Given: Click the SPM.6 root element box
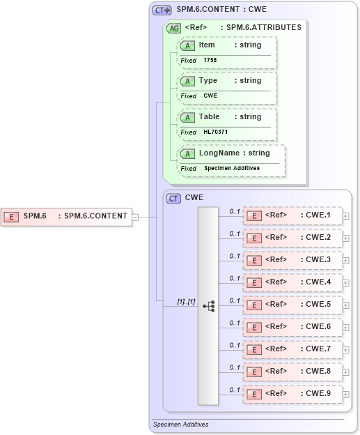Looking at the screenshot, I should point(67,216).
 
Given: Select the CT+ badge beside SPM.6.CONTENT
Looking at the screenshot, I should point(162,10).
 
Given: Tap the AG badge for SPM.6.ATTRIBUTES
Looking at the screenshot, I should point(173,28).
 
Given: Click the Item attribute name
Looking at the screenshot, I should point(207,45).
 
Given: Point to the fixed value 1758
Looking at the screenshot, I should point(210,61).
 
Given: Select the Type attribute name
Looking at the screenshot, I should point(208,80).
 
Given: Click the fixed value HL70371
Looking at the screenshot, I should point(216,132).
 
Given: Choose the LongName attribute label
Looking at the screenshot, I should point(219,153).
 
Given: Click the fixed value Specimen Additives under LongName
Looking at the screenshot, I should point(232,168).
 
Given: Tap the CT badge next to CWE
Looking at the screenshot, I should point(174,198).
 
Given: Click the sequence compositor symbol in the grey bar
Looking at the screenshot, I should point(208,306).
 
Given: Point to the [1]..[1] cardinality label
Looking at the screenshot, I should point(186,302).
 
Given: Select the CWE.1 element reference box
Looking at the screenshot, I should point(292,215).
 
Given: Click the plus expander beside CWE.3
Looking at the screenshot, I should point(346,260).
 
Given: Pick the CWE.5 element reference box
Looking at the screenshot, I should point(292,305).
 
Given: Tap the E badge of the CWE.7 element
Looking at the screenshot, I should point(256,349).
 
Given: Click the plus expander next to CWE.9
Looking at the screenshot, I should point(346,394).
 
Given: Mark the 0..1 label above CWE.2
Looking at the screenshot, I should point(235,234).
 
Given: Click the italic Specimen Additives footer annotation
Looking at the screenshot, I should point(180,424).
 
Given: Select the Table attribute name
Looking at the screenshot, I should point(209,116).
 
